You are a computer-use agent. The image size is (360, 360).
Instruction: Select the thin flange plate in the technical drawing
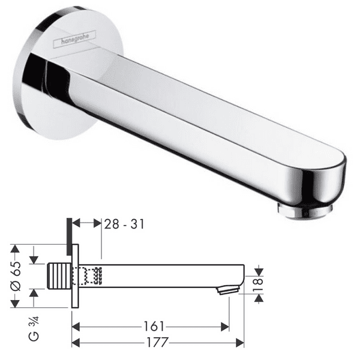tap(74, 276)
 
